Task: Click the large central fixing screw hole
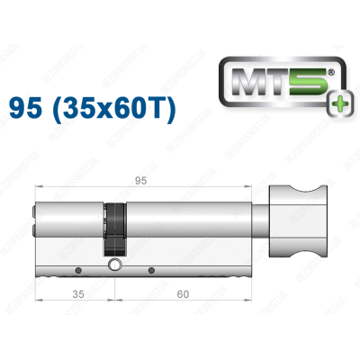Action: point(114,266)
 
